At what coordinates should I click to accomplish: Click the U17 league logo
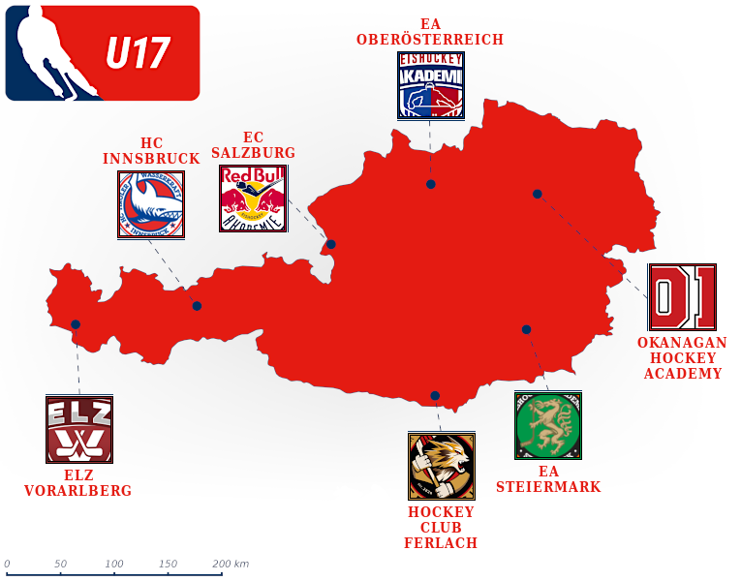tap(102, 53)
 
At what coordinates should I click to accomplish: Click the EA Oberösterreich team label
tap(430, 32)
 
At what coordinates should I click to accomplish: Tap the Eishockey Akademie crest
tap(430, 85)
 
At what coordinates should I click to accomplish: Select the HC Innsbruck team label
tap(151, 151)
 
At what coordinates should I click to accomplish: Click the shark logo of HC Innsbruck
tap(151, 204)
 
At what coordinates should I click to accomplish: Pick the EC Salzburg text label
tap(254, 145)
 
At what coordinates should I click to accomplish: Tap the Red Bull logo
tap(254, 199)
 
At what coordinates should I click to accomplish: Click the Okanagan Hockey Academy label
tap(682, 358)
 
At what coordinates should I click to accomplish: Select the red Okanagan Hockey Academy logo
tap(682, 297)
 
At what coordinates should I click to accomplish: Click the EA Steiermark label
tap(548, 479)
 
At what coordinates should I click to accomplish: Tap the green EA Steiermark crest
tap(548, 425)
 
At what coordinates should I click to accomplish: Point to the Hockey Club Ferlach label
tap(441, 528)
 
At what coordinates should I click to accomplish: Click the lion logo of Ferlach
tap(441, 466)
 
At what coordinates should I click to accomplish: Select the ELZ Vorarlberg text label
tap(78, 483)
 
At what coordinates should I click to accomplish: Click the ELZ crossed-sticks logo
tap(79, 429)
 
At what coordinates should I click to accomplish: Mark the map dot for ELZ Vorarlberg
tap(76, 324)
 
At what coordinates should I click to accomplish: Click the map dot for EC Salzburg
tap(331, 244)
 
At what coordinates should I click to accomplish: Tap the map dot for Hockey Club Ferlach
tap(435, 395)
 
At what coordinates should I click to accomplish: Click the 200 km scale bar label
tap(231, 564)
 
